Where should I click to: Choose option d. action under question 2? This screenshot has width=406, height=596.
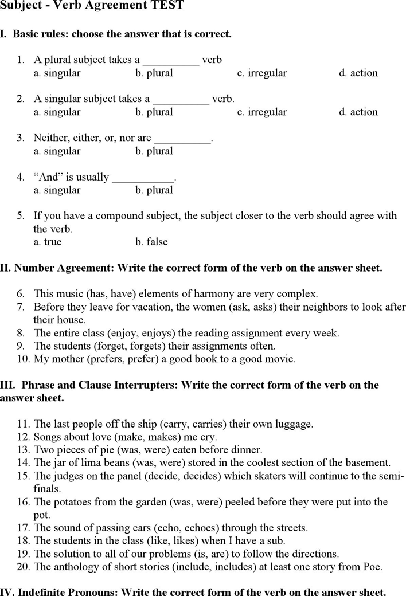point(358,112)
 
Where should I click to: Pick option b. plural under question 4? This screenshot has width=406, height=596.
point(154,190)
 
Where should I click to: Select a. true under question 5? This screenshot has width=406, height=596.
point(48,241)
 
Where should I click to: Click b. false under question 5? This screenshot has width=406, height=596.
point(151,241)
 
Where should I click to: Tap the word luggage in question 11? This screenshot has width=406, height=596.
point(292,424)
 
